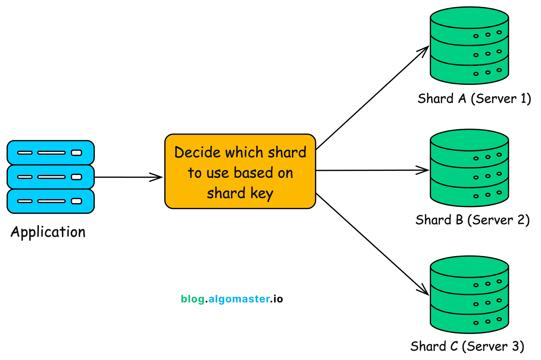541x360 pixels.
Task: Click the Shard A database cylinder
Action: pyautogui.click(x=469, y=46)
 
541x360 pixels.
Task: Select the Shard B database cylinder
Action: pyautogui.click(x=469, y=168)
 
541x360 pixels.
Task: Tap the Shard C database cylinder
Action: pyautogui.click(x=469, y=295)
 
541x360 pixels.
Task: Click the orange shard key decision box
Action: pyautogui.click(x=240, y=171)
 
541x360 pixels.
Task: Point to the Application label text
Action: pyautogui.click(x=48, y=232)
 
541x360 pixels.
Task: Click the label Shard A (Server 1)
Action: pyautogui.click(x=474, y=99)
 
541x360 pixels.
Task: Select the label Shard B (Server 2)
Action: pyautogui.click(x=472, y=220)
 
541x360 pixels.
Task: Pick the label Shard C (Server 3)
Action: pyautogui.click(x=467, y=346)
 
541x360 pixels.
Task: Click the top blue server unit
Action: pyautogui.click(x=51, y=153)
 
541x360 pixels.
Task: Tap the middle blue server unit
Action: pyautogui.click(x=51, y=177)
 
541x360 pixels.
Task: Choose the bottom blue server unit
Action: pyautogui.click(x=51, y=201)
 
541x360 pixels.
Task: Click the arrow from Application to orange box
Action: pyautogui.click(x=128, y=177)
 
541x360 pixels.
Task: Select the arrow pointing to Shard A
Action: pyautogui.click(x=372, y=98)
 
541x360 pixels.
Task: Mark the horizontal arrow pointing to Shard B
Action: pyautogui.click(x=372, y=170)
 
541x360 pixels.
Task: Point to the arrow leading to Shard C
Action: pyautogui.click(x=372, y=244)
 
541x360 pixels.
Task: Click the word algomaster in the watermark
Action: pyautogui.click(x=239, y=299)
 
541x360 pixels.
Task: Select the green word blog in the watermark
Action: pyautogui.click(x=193, y=299)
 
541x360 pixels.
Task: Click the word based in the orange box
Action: pyautogui.click(x=253, y=173)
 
